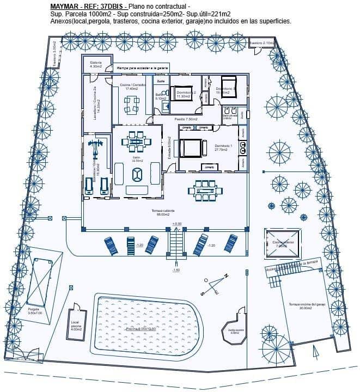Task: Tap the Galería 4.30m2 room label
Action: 96,64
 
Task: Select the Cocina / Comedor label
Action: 132,86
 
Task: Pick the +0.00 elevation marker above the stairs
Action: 176,224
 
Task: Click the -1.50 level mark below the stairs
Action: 176,270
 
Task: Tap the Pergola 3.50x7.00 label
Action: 35,311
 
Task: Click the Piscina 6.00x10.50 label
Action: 141,329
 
